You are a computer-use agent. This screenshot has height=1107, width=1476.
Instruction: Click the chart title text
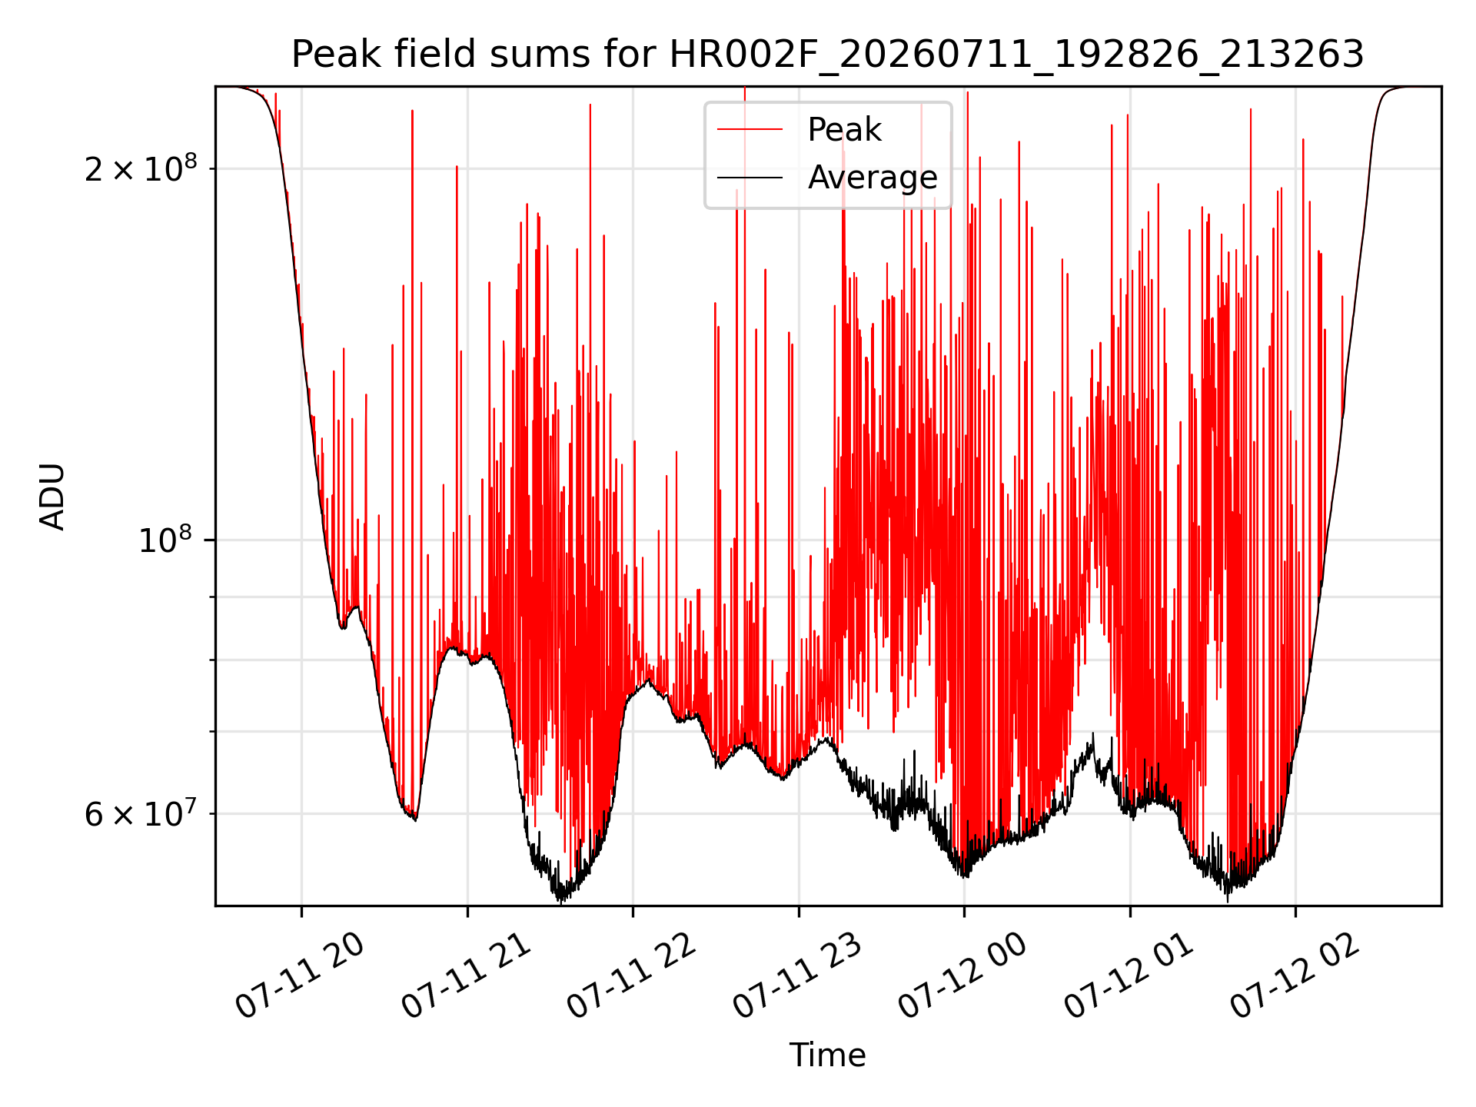(828, 55)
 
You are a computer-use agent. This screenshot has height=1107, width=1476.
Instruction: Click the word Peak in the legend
(844, 130)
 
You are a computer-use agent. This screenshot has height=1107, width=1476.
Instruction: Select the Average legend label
(873, 178)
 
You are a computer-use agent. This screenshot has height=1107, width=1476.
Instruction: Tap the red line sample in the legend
(750, 130)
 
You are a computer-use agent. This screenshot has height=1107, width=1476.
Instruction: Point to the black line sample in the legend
(750, 178)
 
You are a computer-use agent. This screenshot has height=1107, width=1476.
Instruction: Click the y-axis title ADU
(52, 497)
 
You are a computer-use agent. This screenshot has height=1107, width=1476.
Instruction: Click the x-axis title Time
(828, 1055)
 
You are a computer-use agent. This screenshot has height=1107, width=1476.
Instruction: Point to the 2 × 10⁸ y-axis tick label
(140, 168)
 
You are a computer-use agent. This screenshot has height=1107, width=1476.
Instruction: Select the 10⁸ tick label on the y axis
(168, 540)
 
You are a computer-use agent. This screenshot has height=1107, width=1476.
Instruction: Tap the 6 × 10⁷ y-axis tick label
(140, 813)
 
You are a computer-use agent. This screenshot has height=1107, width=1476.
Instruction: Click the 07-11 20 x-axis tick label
(299, 976)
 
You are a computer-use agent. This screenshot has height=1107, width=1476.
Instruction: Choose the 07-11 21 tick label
(466, 976)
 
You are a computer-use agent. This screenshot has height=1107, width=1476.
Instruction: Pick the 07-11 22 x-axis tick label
(631, 976)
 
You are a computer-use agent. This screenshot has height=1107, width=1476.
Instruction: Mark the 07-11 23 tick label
(797, 976)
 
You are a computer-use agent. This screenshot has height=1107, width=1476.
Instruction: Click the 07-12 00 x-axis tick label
(962, 976)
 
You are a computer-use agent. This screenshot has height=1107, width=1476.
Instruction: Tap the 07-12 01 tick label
(1129, 976)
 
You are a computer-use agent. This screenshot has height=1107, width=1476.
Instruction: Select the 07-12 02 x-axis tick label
(1295, 976)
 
